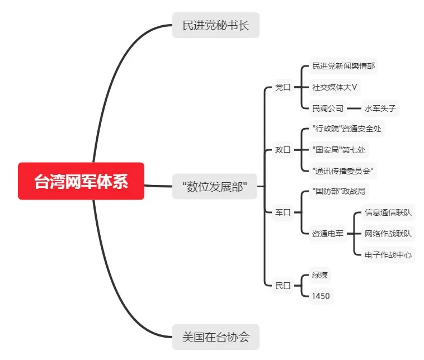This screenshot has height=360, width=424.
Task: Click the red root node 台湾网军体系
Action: tap(81, 181)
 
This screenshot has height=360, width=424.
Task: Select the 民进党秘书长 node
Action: tap(215, 25)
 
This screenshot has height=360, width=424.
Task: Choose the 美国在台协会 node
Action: tap(215, 337)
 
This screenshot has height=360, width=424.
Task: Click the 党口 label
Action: tap(283, 87)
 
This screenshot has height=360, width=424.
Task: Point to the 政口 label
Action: tap(283, 150)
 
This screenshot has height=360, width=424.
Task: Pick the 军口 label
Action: tap(283, 212)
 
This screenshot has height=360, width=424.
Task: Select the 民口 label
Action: tap(283, 286)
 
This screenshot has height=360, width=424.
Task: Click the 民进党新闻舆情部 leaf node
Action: tap(343, 66)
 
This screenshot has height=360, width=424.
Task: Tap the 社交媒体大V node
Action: tap(335, 87)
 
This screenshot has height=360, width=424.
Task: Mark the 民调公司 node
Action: tap(328, 108)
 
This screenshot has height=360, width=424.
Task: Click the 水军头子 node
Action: tap(380, 108)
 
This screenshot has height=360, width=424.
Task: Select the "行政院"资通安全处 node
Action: tap(347, 129)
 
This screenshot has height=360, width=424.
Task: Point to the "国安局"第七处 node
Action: tap(340, 150)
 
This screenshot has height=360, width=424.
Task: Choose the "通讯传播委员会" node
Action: tap(343, 170)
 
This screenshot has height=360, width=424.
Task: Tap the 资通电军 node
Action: tap(328, 234)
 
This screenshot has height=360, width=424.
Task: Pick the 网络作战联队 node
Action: tap(388, 234)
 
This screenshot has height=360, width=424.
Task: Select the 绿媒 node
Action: tap(320, 275)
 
